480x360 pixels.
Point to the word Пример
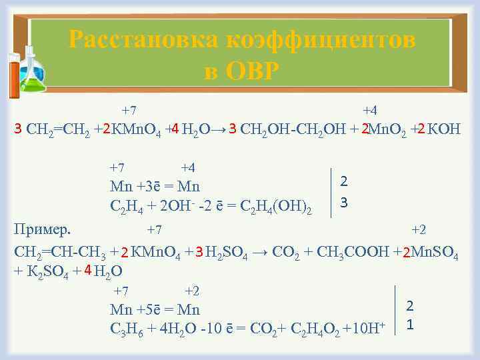[x=42, y=229]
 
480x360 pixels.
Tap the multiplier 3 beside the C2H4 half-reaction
[x=343, y=201]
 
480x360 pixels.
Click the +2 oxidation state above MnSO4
[x=419, y=231]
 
